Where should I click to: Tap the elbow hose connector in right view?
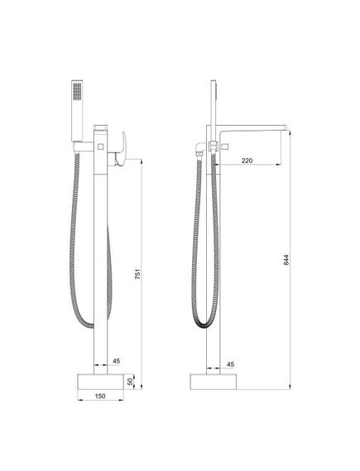202,148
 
